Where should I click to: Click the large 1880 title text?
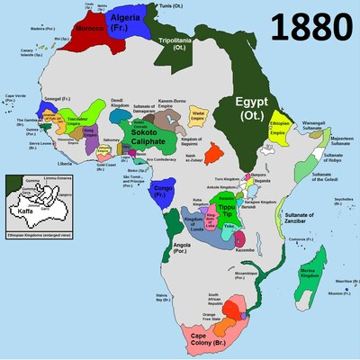tap(308, 29)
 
